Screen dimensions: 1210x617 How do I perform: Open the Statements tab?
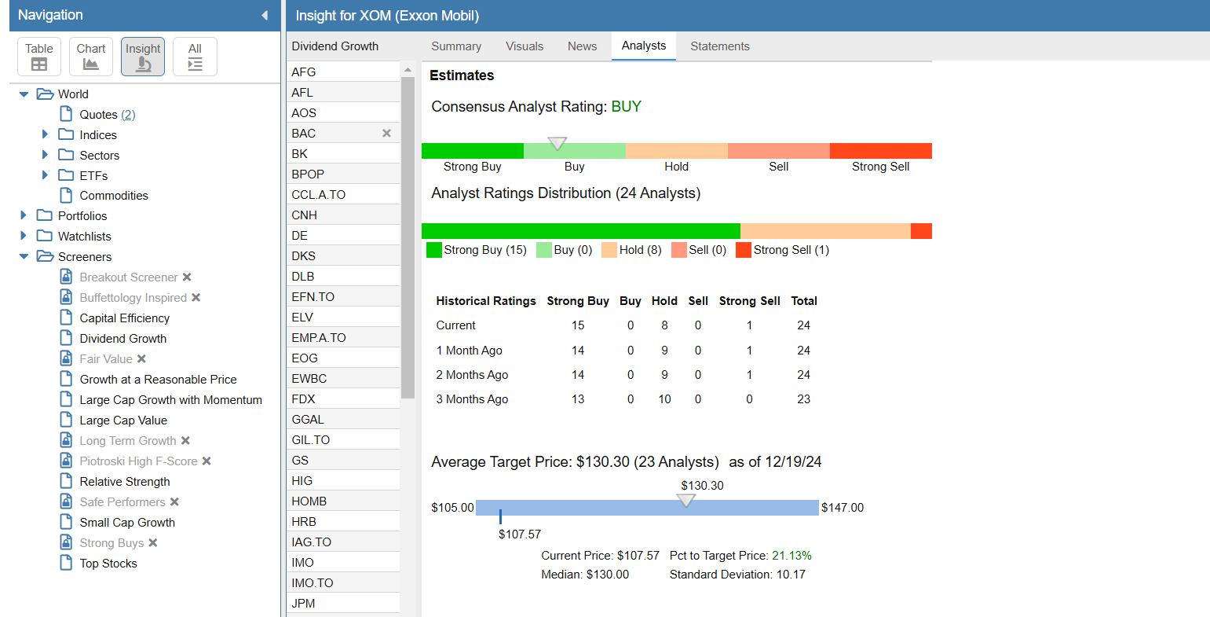[x=719, y=46]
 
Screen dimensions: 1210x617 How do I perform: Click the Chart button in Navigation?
[x=91, y=57]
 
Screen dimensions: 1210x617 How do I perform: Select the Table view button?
[x=39, y=57]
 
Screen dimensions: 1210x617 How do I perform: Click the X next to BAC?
[x=386, y=133]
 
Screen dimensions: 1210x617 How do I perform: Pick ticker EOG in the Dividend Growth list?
[x=305, y=358]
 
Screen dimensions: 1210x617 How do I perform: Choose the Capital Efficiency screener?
[x=124, y=318]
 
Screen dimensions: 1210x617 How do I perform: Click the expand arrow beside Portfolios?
[x=24, y=215]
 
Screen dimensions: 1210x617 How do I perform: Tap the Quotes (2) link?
[x=107, y=115]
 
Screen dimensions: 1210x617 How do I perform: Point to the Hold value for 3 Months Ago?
[x=664, y=399]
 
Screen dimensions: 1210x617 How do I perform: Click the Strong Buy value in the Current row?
[x=578, y=325]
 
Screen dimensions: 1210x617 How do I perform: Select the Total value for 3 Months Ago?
[x=804, y=399]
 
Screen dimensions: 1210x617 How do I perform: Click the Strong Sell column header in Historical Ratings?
[x=749, y=301]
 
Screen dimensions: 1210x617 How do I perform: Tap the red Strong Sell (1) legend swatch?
[x=744, y=250]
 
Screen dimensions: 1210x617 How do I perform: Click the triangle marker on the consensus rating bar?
[x=557, y=143]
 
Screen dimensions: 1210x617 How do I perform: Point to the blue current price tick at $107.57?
[x=500, y=516]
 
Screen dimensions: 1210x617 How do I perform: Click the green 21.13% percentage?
[x=791, y=556]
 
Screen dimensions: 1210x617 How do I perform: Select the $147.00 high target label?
[x=843, y=508]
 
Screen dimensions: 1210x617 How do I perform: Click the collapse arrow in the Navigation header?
[x=265, y=15]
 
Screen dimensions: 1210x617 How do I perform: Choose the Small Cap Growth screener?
[x=127, y=523]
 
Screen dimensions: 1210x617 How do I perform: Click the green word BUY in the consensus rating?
[x=626, y=107]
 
